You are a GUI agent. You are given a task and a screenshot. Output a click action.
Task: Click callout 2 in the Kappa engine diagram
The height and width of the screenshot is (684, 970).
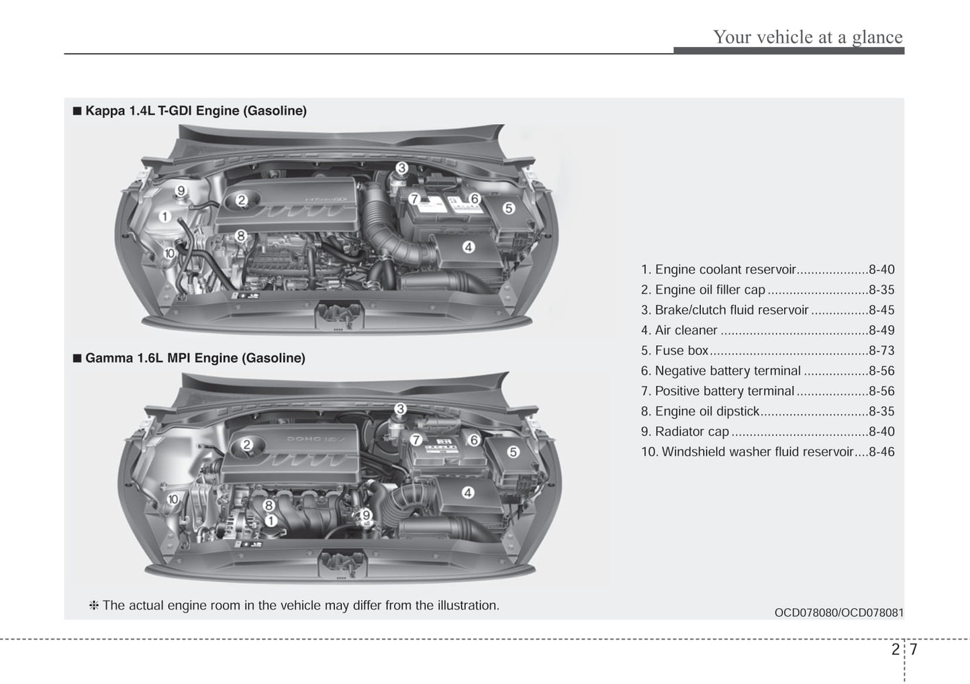point(242,199)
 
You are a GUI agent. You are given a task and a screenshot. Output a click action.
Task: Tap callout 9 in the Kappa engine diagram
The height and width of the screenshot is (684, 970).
point(181,191)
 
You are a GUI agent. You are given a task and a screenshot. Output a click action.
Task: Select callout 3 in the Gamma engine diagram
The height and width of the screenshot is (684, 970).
point(400,409)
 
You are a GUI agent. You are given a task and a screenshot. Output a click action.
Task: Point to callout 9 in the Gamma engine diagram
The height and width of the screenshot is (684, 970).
point(366,516)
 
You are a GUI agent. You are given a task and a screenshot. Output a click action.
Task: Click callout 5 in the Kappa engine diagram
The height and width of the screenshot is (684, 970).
point(508,208)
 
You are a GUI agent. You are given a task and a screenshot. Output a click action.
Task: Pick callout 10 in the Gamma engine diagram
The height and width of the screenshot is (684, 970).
point(173,499)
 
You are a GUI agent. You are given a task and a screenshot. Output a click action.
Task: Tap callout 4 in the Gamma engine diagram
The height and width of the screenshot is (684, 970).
point(468,493)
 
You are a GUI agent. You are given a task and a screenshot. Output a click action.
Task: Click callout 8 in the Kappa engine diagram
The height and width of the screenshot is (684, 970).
point(241,236)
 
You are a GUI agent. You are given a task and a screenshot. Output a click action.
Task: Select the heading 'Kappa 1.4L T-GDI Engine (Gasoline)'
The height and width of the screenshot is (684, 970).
point(195,111)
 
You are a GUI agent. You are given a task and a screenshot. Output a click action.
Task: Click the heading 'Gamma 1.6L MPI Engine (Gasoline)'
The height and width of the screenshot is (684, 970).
point(195,358)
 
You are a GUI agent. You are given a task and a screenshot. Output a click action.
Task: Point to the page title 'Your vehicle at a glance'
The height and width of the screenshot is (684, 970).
point(808,37)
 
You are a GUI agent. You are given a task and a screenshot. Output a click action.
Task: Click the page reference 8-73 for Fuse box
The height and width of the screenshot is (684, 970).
point(881,350)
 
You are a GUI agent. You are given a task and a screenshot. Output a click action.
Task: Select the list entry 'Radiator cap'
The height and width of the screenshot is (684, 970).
point(691,432)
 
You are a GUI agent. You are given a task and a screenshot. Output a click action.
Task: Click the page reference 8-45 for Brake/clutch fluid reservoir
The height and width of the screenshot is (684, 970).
point(881,310)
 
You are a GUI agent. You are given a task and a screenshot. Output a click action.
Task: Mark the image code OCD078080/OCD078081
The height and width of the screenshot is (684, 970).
point(839,612)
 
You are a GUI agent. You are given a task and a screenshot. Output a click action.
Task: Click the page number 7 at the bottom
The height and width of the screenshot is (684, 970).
point(914,649)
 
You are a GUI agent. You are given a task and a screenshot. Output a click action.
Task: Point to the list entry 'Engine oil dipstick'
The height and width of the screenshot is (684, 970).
point(707,411)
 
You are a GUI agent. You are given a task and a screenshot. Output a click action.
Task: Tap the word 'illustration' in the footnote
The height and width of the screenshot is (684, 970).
point(465,605)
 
